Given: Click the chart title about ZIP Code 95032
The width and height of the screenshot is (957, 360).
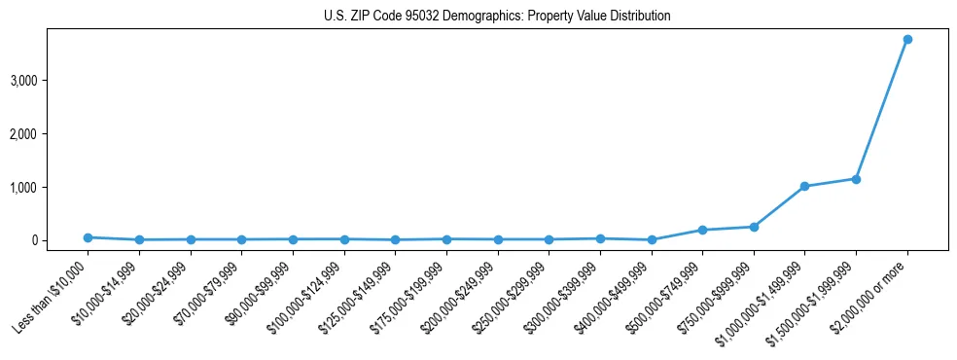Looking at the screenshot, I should click(x=497, y=17).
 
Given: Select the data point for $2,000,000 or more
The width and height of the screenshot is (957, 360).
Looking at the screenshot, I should click(x=906, y=39).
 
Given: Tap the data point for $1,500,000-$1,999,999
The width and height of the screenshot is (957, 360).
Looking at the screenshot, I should click(x=856, y=179).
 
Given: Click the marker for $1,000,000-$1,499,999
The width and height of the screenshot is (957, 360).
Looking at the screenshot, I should click(x=804, y=186).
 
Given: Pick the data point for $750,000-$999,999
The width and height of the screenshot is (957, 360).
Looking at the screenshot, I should click(x=753, y=227).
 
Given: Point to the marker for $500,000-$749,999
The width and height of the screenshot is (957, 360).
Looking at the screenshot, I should click(x=702, y=230).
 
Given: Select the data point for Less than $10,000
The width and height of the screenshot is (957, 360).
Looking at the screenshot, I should click(x=88, y=237).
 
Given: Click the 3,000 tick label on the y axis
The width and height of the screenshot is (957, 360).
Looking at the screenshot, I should click(x=51, y=80).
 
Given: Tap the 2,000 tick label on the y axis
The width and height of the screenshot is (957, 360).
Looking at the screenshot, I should click(x=51, y=133).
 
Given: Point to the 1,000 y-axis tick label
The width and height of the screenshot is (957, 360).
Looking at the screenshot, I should click(x=51, y=187).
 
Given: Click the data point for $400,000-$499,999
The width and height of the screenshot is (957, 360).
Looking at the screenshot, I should click(x=651, y=239).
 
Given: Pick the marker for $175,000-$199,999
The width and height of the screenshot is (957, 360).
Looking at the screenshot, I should click(x=445, y=238).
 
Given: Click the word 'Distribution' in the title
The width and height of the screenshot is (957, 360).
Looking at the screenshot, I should click(x=637, y=17).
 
